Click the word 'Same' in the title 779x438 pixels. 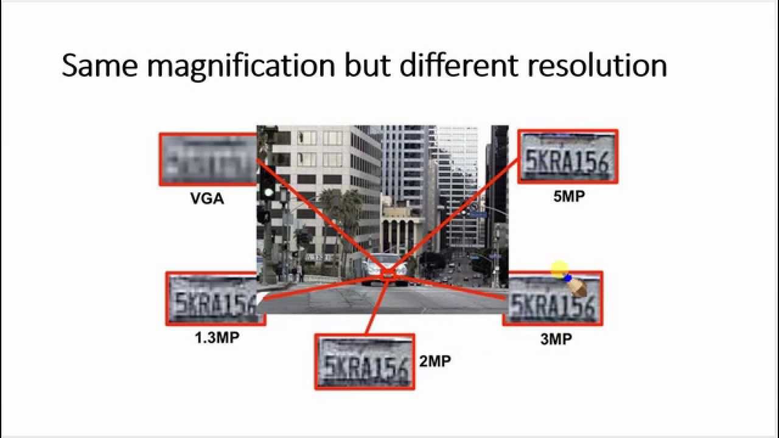pos(100,66)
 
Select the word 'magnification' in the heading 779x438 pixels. pos(240,66)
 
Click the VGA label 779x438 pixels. pos(207,198)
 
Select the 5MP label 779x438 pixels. pos(569,196)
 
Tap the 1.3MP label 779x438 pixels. pos(217,338)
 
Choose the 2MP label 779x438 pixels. pos(435,361)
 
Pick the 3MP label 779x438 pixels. pos(556,339)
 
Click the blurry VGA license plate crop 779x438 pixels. pos(207,159)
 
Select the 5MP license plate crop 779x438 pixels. pos(568,156)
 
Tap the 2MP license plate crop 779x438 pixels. pos(364,362)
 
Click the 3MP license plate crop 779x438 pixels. pos(553,299)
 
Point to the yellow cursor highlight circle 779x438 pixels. pos(559,270)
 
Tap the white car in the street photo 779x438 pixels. pos(383,268)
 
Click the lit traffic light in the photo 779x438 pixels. pos(268,192)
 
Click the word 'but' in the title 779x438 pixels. pos(365,66)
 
